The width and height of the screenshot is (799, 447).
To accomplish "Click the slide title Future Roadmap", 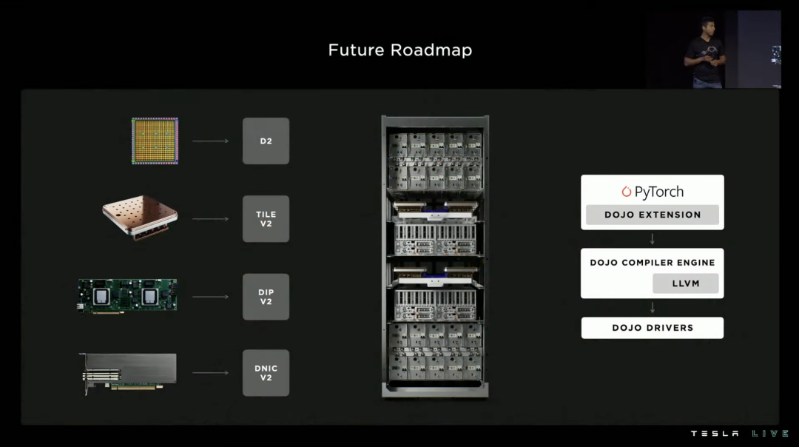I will [399, 50].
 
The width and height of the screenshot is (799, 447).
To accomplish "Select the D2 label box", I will [266, 141].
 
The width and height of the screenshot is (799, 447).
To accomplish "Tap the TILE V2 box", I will [266, 219].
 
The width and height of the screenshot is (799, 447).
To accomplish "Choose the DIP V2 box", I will [266, 297].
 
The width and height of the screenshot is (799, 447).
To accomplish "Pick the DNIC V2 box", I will [266, 372].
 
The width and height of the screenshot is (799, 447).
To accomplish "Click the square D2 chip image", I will [155, 141].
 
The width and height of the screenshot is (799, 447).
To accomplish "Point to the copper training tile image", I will [140, 216].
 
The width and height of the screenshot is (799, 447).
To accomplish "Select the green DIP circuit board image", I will [128, 296].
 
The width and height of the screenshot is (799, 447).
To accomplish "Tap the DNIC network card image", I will [129, 372].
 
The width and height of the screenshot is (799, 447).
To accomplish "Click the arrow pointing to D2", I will [210, 141].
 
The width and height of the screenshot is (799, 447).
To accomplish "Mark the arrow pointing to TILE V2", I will [210, 219].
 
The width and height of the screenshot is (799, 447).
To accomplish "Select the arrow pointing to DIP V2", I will [210, 297].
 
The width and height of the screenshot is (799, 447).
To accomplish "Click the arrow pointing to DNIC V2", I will [210, 372].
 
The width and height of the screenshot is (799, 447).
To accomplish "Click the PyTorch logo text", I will [652, 192].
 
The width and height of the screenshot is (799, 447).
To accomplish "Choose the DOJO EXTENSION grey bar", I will [652, 215].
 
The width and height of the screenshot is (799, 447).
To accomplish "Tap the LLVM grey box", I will [686, 283].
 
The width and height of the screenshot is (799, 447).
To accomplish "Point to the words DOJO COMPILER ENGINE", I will [652, 263].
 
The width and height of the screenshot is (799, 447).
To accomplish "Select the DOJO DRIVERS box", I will [652, 328].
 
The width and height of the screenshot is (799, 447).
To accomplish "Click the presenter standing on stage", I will [705, 53].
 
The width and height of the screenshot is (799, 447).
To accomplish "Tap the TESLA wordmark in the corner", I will [715, 434].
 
